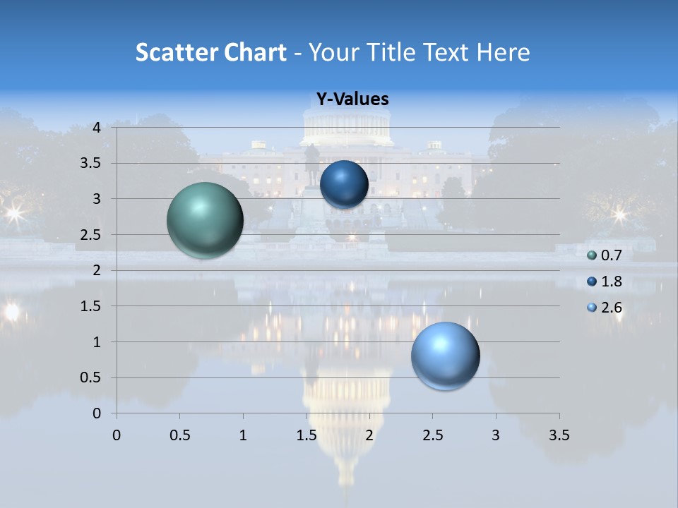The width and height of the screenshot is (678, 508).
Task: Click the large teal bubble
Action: tap(205, 220)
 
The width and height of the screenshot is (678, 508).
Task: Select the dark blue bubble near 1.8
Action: tap(344, 184)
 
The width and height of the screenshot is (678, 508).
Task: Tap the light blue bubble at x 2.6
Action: tap(445, 356)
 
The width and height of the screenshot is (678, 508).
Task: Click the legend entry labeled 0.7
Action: tap(605, 255)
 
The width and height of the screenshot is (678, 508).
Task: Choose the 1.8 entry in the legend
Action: tap(605, 282)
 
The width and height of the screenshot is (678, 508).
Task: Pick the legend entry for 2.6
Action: tap(605, 307)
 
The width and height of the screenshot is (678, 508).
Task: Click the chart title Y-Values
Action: tap(352, 99)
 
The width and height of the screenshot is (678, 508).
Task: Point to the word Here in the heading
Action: tap(503, 52)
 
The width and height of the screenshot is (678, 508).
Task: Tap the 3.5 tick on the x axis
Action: tap(559, 435)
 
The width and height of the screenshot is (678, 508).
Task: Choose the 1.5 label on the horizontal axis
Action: tap(306, 435)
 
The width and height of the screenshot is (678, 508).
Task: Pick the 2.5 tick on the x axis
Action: tap(432, 435)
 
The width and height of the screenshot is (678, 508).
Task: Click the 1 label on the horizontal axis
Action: tap(243, 435)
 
